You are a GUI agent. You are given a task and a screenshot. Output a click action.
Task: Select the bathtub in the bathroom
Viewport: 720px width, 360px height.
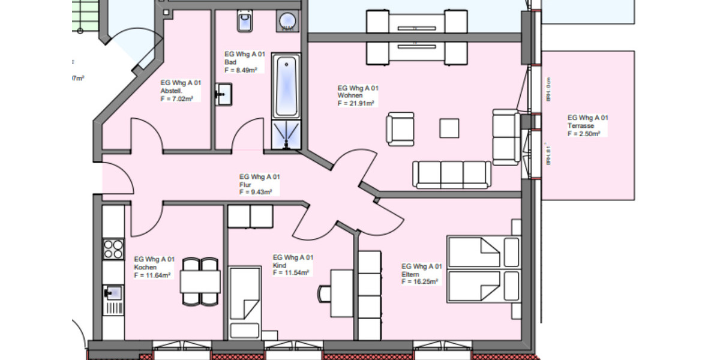286,86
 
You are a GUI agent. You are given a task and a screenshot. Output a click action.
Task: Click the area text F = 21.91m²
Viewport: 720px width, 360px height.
356,103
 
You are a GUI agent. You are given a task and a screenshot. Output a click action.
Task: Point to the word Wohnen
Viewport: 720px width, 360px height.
349,95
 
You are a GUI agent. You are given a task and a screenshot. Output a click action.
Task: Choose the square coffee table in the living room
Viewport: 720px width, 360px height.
449,128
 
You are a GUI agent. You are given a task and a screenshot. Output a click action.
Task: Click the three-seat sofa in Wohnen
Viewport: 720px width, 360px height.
451,174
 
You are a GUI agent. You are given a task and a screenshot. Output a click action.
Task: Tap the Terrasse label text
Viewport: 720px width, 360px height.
581,126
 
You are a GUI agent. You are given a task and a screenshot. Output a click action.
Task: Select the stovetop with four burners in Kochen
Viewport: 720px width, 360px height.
113,248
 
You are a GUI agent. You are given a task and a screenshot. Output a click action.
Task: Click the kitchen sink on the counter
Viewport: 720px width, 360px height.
112,293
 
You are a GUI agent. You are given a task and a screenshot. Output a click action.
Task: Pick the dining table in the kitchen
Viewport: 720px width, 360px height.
200,281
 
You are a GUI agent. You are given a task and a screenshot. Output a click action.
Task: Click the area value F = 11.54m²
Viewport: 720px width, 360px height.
291,272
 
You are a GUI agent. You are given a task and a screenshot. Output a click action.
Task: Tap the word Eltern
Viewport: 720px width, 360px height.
410,274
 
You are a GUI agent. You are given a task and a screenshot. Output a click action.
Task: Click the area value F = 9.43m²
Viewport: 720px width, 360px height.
256,192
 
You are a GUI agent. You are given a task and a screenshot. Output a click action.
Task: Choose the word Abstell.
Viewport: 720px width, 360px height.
171,91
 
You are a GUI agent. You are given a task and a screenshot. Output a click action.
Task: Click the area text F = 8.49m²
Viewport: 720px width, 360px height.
241,70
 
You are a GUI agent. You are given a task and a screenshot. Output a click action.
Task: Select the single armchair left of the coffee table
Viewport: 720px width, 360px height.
400,129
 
